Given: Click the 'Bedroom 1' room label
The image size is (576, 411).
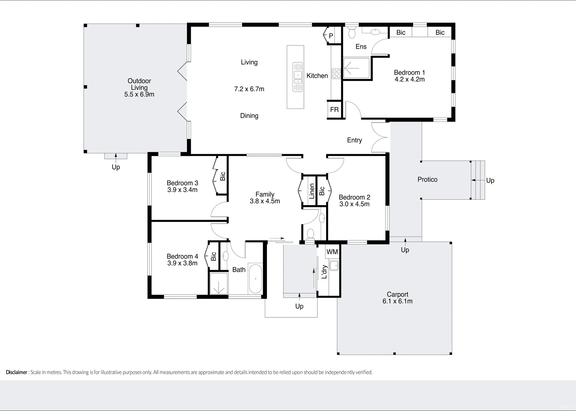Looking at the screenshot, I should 409,73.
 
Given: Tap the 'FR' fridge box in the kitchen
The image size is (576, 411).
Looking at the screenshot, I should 334,110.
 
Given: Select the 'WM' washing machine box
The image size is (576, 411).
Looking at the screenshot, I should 332,252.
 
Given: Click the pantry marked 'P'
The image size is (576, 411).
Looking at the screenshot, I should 331,36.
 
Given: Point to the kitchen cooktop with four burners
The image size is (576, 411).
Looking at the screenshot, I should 336,74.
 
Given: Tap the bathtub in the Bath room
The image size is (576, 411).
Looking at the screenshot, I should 255,279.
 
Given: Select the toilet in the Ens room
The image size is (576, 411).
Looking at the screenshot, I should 352,32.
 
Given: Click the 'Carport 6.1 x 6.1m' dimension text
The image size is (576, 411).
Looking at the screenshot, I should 397,301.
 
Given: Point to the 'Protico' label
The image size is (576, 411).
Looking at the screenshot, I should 427,179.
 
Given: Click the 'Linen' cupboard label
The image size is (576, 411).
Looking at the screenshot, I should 312,191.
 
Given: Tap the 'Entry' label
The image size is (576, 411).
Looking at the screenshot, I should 354,140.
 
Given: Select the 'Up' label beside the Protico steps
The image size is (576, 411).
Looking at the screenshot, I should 490,180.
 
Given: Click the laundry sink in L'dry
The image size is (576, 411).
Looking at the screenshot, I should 334,265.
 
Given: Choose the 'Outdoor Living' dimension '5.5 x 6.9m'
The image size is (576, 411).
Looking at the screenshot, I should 139,94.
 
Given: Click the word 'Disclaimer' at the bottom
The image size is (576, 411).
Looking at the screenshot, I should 16,372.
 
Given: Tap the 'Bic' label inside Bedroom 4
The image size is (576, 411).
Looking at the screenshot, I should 213,256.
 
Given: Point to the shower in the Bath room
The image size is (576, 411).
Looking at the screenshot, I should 219,283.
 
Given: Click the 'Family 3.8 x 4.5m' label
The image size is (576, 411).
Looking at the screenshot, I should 265,198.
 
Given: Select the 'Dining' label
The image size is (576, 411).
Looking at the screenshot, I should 249,116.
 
